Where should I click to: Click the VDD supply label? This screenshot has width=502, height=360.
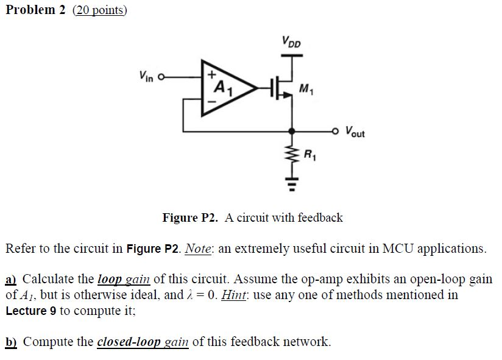[x=292, y=42]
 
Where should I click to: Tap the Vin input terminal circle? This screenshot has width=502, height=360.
[x=161, y=77]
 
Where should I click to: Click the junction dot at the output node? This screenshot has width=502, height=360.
[x=292, y=130]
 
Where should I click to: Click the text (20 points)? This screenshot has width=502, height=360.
[x=101, y=10]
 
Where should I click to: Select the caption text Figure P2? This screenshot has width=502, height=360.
[x=189, y=217]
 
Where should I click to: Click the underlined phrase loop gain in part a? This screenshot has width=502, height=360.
[x=124, y=280]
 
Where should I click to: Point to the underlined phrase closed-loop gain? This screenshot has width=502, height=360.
[x=143, y=341]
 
